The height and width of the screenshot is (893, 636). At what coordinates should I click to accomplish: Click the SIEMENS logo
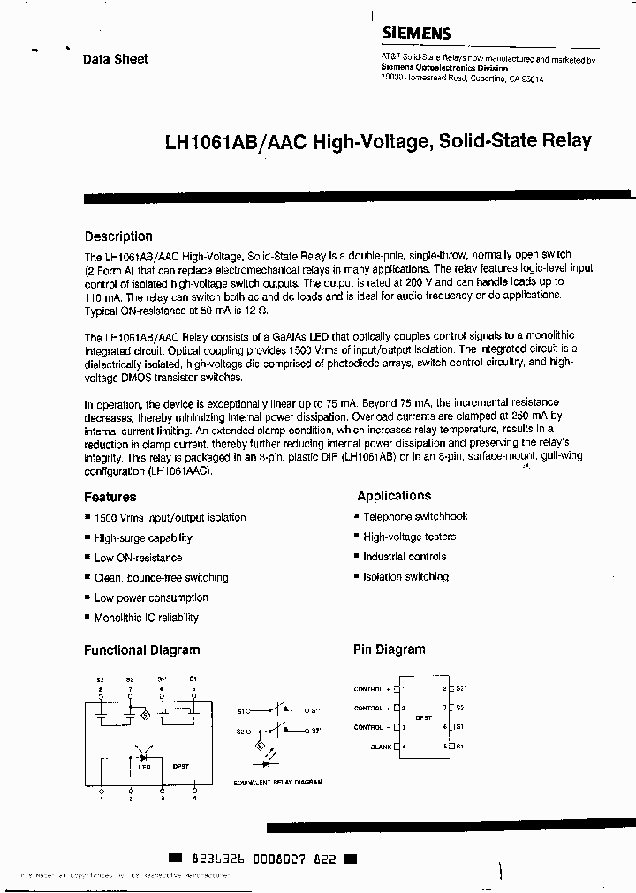tap(416, 34)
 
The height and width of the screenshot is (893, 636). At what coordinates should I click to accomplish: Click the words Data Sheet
tap(116, 59)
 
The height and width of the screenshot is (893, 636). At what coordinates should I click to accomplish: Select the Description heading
tap(118, 236)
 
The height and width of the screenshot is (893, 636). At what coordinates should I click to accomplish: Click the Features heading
tap(110, 497)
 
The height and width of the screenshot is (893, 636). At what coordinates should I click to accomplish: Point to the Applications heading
tap(394, 496)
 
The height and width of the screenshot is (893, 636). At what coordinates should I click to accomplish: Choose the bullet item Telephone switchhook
tap(415, 517)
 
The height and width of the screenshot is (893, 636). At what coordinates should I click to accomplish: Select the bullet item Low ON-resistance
tap(138, 558)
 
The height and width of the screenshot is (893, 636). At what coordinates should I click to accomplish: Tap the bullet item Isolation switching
tap(405, 577)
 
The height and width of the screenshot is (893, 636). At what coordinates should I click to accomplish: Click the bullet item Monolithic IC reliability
tap(146, 618)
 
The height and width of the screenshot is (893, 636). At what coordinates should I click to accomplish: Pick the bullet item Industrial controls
tap(405, 557)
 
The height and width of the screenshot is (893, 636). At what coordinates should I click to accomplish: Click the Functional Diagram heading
tap(141, 650)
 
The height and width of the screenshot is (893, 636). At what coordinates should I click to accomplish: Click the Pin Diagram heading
tap(389, 649)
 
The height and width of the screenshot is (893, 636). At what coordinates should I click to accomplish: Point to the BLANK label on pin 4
tap(382, 747)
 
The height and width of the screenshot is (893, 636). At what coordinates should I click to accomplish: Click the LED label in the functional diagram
tap(144, 767)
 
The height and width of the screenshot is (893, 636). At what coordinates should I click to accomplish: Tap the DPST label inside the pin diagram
tap(423, 717)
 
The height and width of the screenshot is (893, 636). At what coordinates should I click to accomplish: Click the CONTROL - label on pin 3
tap(370, 727)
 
